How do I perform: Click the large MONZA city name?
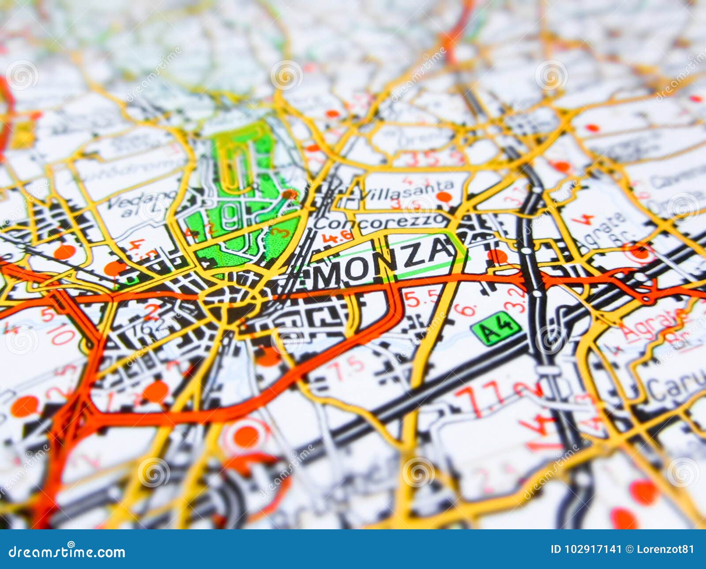click(x=384, y=262)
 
